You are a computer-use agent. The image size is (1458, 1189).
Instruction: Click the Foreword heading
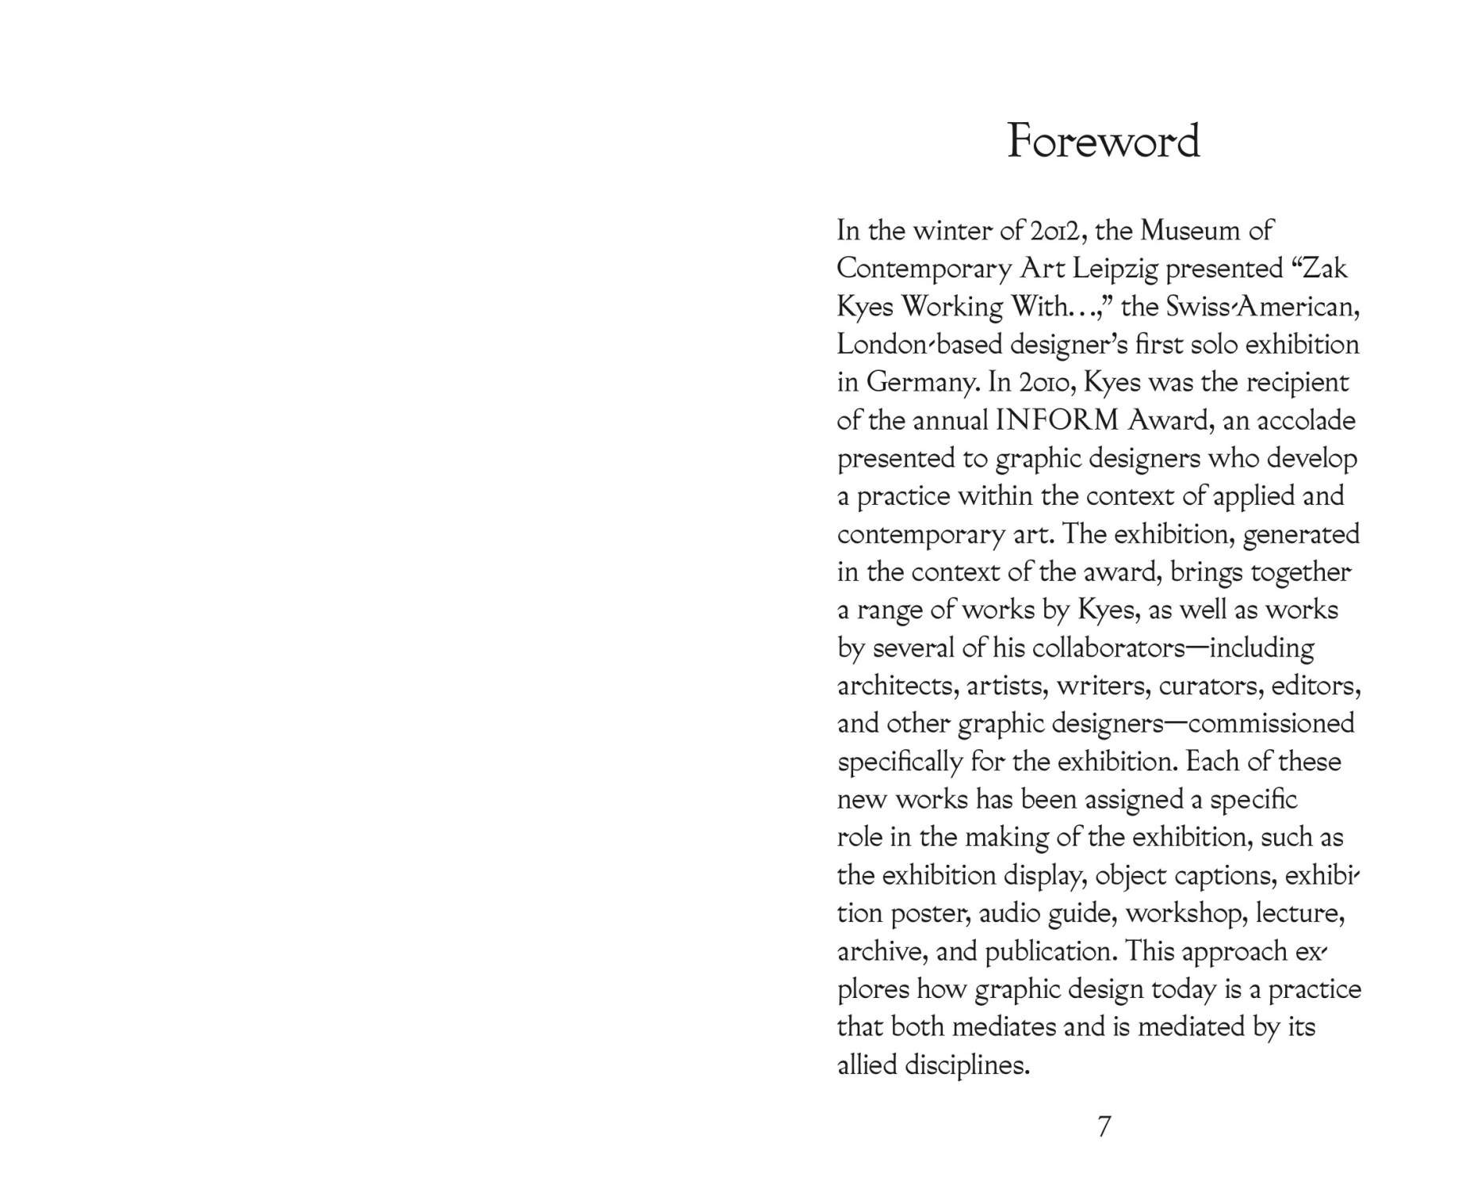(1103, 141)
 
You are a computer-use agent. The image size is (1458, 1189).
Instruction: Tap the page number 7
(1104, 1126)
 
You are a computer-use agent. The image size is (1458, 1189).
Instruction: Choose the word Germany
(920, 383)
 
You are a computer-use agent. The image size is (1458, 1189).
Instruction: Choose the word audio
(1008, 913)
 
